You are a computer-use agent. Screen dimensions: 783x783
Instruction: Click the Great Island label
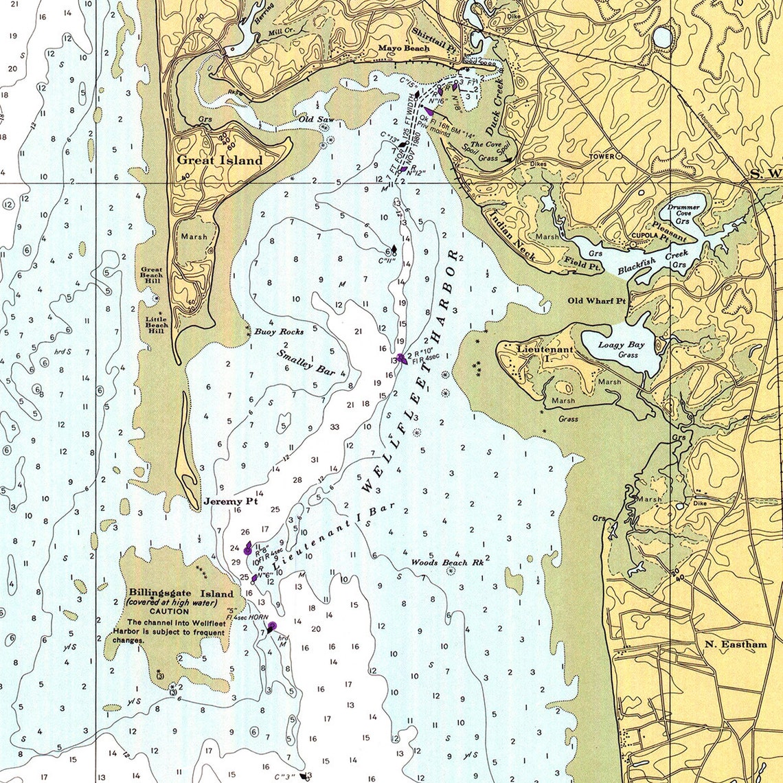tap(220, 161)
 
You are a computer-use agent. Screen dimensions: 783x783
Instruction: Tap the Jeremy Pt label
tap(230, 502)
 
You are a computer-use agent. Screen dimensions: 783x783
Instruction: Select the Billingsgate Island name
tap(181, 593)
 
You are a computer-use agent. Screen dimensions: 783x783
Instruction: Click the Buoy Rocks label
tap(279, 332)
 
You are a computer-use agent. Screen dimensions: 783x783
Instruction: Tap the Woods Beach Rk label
tap(449, 563)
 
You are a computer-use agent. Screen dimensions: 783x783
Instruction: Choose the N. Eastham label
tap(736, 644)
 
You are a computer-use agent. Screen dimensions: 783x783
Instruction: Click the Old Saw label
tap(315, 119)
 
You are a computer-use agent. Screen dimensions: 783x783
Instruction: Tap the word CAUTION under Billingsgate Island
tap(169, 611)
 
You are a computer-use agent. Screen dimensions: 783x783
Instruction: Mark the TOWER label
tap(601, 157)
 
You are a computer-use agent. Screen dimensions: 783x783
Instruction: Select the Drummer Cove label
tap(683, 211)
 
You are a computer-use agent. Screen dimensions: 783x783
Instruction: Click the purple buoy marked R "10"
tap(401, 358)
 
